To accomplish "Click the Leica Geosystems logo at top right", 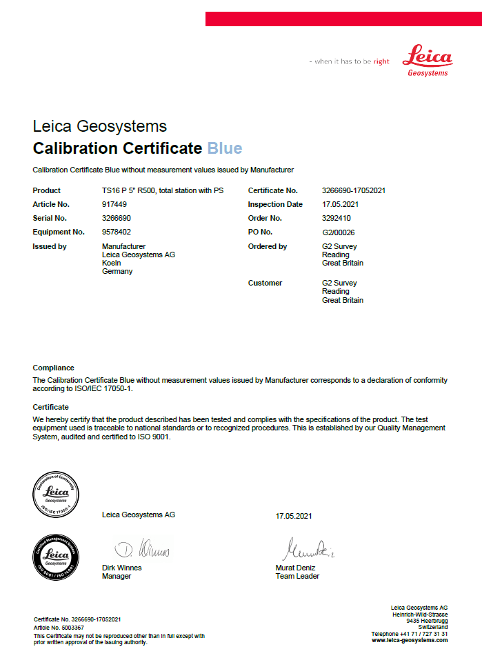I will click(x=428, y=60).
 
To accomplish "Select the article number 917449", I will click(x=115, y=204).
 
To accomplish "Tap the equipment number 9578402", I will click(x=117, y=232).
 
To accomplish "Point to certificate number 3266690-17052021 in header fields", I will click(x=354, y=190).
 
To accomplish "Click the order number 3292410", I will click(x=337, y=218).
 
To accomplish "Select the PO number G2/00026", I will click(x=339, y=232).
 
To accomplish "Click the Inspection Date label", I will click(x=275, y=204).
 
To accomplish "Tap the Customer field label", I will click(x=265, y=283).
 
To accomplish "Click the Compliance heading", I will click(x=53, y=368).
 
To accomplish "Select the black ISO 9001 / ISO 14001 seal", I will click(x=57, y=556).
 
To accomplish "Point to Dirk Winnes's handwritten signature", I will click(x=142, y=549).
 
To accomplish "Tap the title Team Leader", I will click(x=297, y=576).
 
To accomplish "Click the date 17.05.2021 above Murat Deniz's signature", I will click(x=294, y=515).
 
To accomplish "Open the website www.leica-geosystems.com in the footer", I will click(x=410, y=640).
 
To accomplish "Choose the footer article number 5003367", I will click(x=68, y=628).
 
